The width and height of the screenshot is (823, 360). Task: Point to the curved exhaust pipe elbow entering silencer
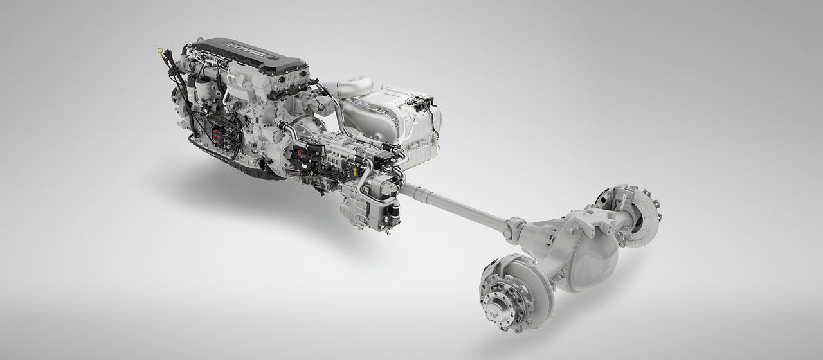click(350, 87)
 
